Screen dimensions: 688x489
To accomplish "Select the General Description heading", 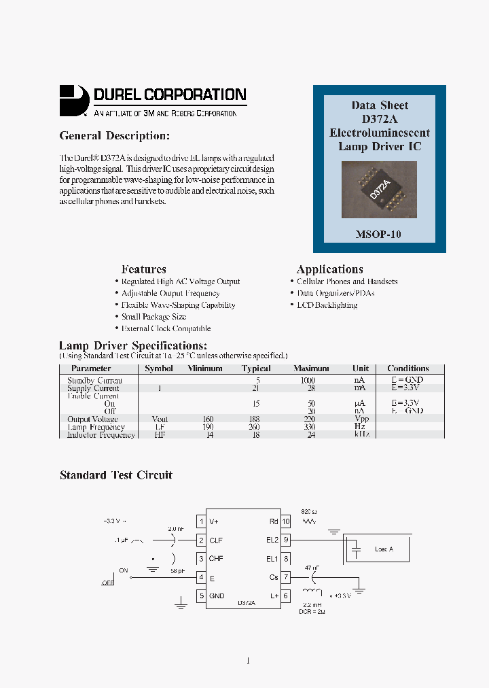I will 114,136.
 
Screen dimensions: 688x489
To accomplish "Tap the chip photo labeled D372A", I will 379,188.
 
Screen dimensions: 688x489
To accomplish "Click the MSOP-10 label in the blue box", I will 379,234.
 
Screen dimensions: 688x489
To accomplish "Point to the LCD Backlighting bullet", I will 327,305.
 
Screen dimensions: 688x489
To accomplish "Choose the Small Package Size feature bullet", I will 153,317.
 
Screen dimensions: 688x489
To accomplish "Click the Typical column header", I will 256,368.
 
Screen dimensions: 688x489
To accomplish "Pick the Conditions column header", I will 407,368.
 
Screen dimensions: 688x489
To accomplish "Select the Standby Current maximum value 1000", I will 308,381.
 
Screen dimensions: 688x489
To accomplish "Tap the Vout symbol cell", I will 160,419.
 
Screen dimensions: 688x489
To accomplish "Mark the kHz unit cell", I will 361,434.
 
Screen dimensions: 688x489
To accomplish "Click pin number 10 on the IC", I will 286,521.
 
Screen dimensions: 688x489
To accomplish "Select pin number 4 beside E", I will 201,577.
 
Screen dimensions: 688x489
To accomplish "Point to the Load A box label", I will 384,549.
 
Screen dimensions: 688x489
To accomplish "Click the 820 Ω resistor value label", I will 309,509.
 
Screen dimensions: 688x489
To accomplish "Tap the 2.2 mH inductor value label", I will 312,604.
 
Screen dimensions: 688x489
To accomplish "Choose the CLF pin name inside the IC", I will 216,540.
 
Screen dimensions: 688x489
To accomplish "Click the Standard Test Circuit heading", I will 116,475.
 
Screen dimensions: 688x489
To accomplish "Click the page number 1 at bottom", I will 248,660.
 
